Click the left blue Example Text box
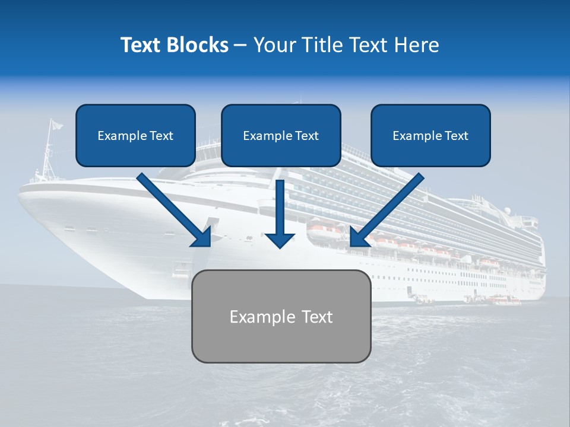click(x=135, y=135)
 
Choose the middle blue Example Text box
click(x=281, y=135)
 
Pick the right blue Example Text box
click(x=430, y=135)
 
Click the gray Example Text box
click(x=281, y=316)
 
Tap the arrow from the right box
click(x=389, y=208)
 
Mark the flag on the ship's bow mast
click(x=56, y=125)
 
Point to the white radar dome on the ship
click(x=508, y=211)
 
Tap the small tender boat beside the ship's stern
click(x=505, y=301)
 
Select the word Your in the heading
click(x=272, y=45)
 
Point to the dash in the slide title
click(x=240, y=46)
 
